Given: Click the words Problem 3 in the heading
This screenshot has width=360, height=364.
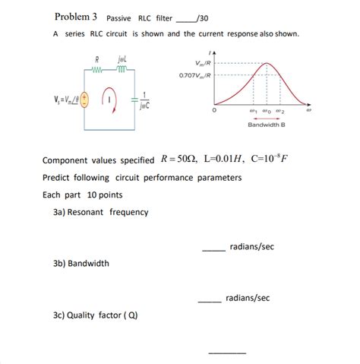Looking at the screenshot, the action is coord(75,16).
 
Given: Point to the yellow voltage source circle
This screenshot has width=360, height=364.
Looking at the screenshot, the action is coord(84,98).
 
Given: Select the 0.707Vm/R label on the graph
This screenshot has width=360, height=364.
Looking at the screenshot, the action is coord(196,75).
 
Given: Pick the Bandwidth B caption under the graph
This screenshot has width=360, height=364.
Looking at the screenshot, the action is coord(267,126).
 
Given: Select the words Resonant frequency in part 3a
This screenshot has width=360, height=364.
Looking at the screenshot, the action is coord(108,212).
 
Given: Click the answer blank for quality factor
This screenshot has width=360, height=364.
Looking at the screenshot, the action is coord(227,352).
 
